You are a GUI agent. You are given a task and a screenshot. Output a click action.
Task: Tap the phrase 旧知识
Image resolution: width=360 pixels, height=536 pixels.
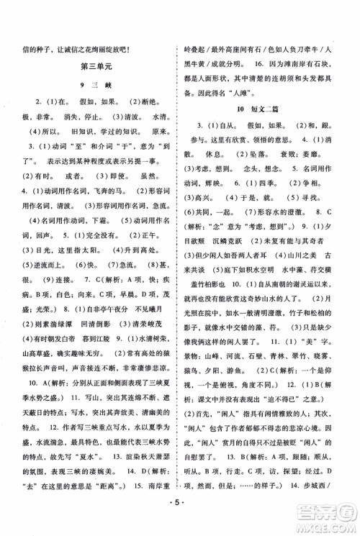point(71,132)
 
